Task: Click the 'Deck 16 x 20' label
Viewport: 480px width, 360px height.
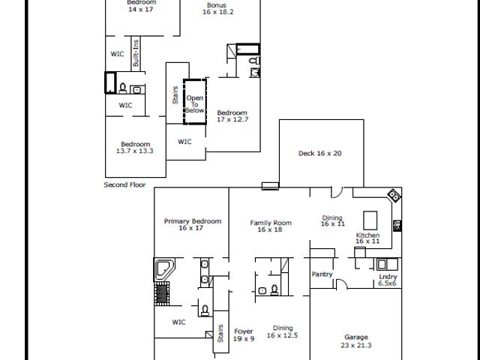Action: [x=320, y=153]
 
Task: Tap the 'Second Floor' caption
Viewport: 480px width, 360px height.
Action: [x=124, y=184]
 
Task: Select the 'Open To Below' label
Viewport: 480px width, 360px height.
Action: [x=195, y=104]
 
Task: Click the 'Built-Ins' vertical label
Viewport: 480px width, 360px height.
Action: [x=136, y=53]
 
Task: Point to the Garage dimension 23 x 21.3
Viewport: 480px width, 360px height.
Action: [x=356, y=345]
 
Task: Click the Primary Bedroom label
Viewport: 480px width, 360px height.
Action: [x=193, y=221]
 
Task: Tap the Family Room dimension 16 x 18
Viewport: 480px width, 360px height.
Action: [x=270, y=229]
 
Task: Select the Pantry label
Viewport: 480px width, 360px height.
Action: [x=322, y=274]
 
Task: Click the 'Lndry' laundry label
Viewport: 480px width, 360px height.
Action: [x=388, y=277]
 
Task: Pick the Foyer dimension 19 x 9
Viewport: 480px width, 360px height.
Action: [x=244, y=339]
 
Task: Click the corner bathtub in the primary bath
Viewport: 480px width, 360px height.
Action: [x=164, y=269]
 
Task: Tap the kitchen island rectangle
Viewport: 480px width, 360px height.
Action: [x=370, y=220]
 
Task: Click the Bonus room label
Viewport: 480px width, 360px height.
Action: [x=217, y=5]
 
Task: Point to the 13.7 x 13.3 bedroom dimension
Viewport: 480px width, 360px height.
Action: [x=135, y=151]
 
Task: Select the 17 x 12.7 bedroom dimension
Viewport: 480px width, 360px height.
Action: [x=232, y=119]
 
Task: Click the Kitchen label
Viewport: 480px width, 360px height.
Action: [x=367, y=235]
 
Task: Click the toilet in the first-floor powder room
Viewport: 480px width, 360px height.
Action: [x=274, y=289]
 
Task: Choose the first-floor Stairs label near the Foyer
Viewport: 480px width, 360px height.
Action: [x=220, y=333]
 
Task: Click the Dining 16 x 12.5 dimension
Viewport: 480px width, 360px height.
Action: [x=282, y=335]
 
